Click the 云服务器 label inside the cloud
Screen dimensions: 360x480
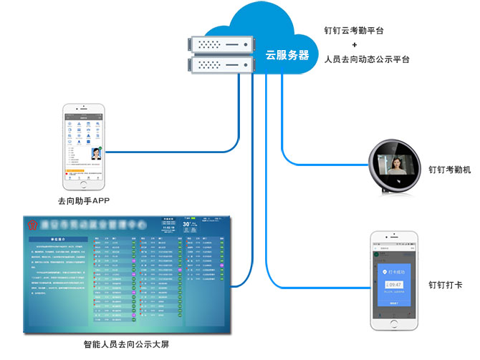coord(287,54)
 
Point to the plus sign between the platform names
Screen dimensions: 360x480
coord(365,44)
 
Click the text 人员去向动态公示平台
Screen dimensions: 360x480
coord(367,59)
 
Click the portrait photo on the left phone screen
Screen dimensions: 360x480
coord(95,152)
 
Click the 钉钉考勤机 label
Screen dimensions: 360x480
coord(449,170)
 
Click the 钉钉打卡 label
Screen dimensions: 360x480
coord(445,286)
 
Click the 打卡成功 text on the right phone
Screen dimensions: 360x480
coord(398,273)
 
